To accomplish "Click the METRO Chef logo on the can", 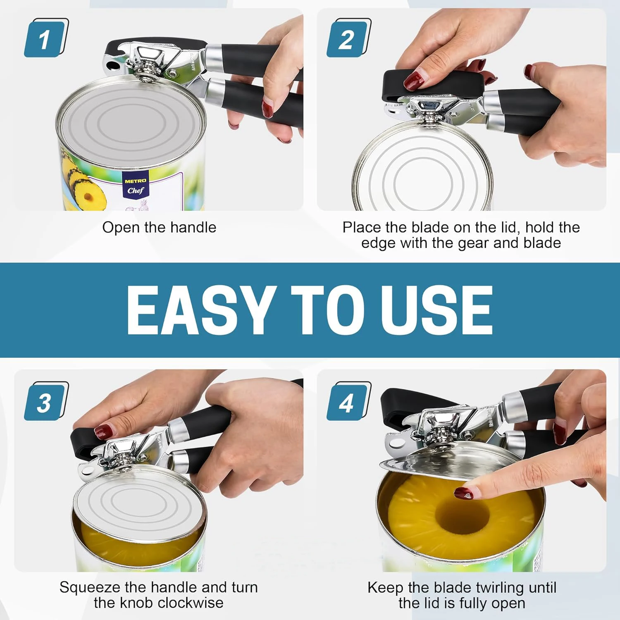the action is [136, 187].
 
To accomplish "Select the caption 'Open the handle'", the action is [159, 227].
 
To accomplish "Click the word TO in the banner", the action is [327, 310].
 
